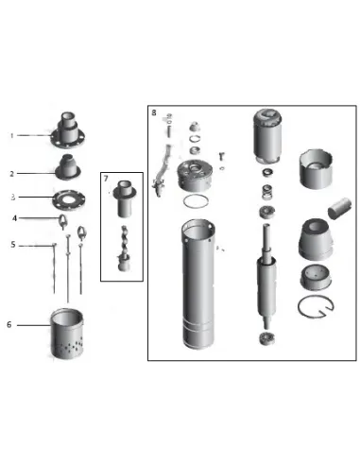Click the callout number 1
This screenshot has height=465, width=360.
tap(12, 135)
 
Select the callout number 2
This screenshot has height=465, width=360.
tap(12, 174)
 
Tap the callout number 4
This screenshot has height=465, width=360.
tap(13, 218)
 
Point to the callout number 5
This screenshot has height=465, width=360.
tap(12, 245)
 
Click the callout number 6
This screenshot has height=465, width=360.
tap(10, 324)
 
